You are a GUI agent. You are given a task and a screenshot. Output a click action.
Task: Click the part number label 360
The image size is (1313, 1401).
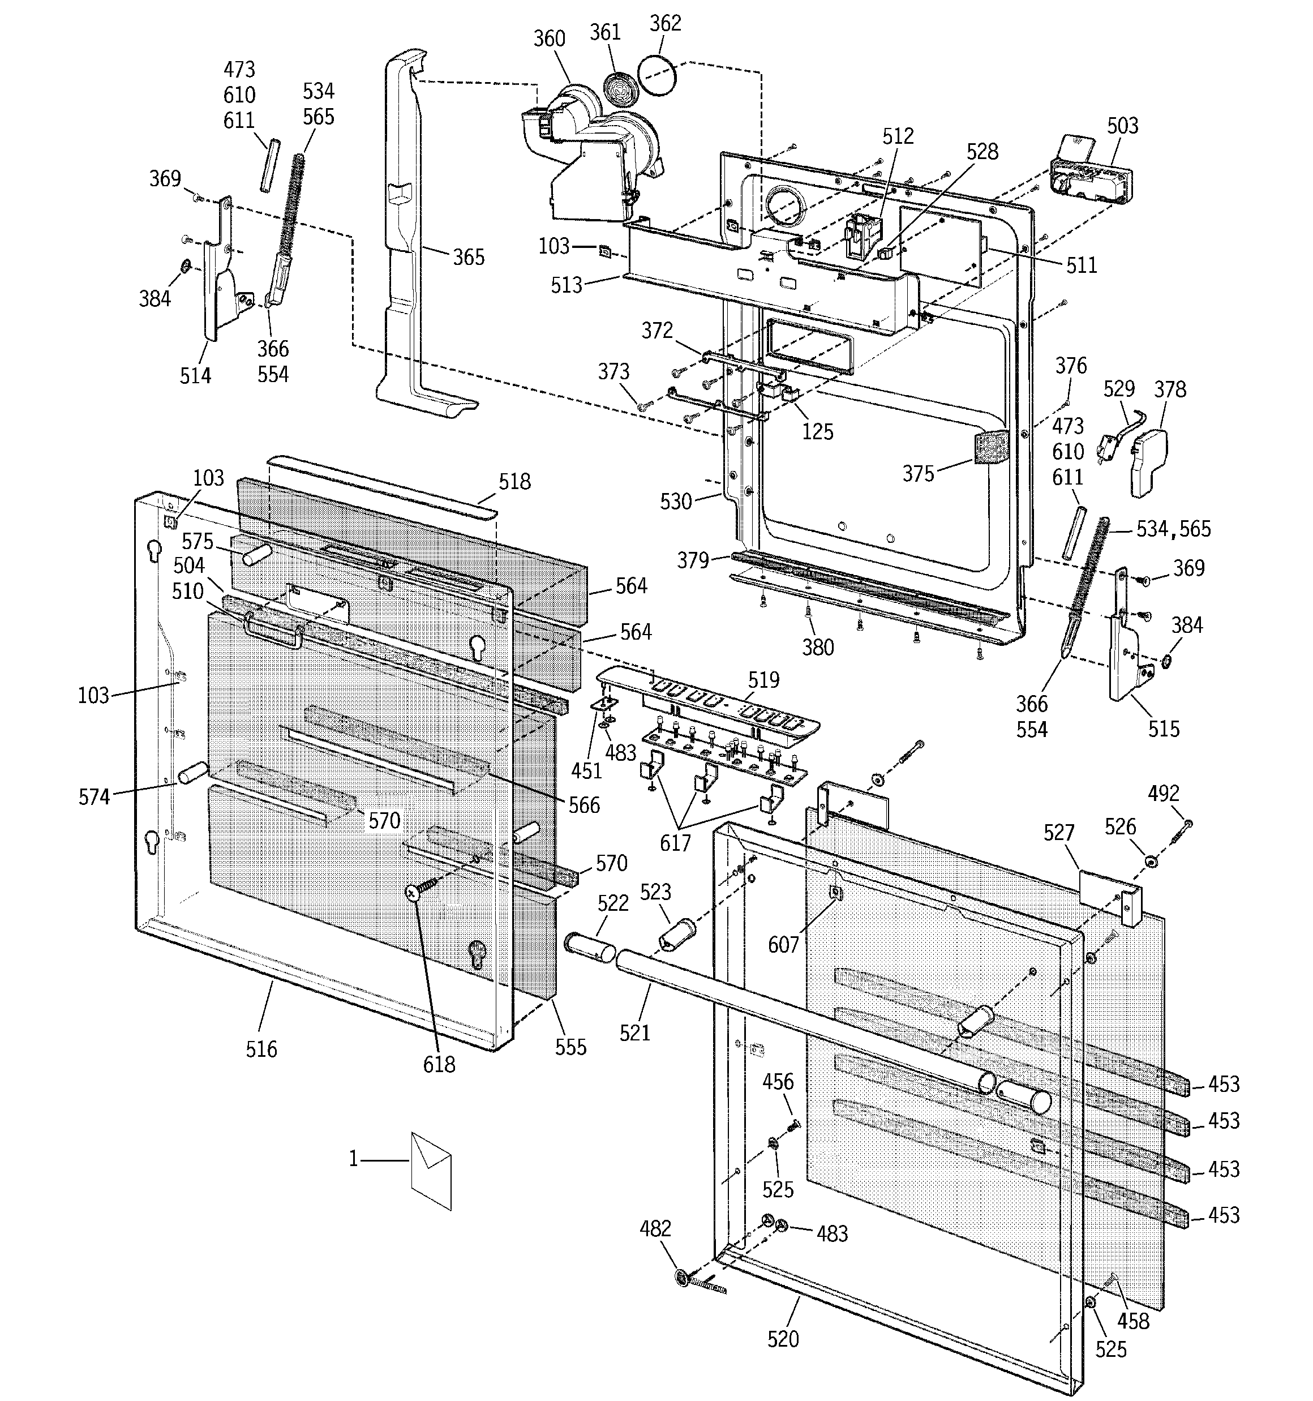549,38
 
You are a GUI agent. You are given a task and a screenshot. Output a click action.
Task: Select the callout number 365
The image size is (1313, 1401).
469,257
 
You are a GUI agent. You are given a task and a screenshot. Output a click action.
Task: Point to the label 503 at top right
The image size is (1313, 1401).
1123,126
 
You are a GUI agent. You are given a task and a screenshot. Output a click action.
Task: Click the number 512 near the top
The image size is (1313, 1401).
898,136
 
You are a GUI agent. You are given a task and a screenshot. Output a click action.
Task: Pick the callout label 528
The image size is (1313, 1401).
982,152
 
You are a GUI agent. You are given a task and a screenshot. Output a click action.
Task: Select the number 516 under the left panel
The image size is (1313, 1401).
261,1049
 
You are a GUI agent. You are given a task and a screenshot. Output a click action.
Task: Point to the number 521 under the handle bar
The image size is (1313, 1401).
635,1033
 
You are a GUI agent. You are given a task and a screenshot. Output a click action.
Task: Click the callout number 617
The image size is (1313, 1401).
675,843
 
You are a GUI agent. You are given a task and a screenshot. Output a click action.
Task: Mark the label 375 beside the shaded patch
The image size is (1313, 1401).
919,474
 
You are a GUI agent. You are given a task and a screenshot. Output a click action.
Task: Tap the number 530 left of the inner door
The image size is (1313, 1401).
676,501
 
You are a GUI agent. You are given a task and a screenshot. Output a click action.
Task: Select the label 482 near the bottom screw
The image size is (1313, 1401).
655,1228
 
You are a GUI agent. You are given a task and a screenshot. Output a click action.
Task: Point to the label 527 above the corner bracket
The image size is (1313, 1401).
1058,833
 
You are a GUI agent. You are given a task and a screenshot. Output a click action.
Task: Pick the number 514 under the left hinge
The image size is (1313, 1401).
195,376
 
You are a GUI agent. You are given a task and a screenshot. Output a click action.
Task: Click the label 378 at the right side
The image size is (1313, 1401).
1170,389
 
